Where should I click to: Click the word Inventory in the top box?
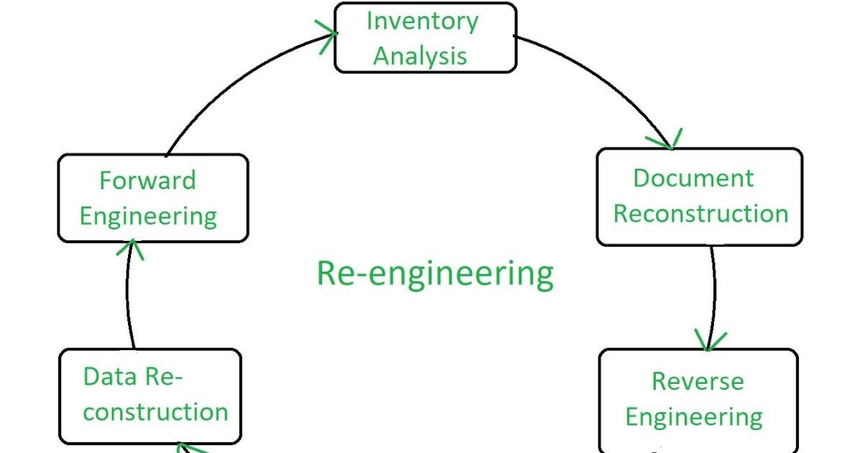[x=422, y=21]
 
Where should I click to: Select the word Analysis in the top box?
[x=420, y=56]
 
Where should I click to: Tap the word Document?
[x=693, y=178]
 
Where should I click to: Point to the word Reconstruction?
[x=700, y=214]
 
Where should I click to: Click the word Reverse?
[x=698, y=381]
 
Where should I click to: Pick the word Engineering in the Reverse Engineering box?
[x=694, y=417]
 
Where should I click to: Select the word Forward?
[x=147, y=180]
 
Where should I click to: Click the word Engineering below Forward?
[x=148, y=216]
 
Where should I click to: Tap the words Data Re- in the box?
[x=133, y=376]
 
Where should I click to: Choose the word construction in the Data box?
[x=155, y=412]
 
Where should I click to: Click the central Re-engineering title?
[x=435, y=274]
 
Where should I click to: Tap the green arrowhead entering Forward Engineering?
[x=129, y=249]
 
